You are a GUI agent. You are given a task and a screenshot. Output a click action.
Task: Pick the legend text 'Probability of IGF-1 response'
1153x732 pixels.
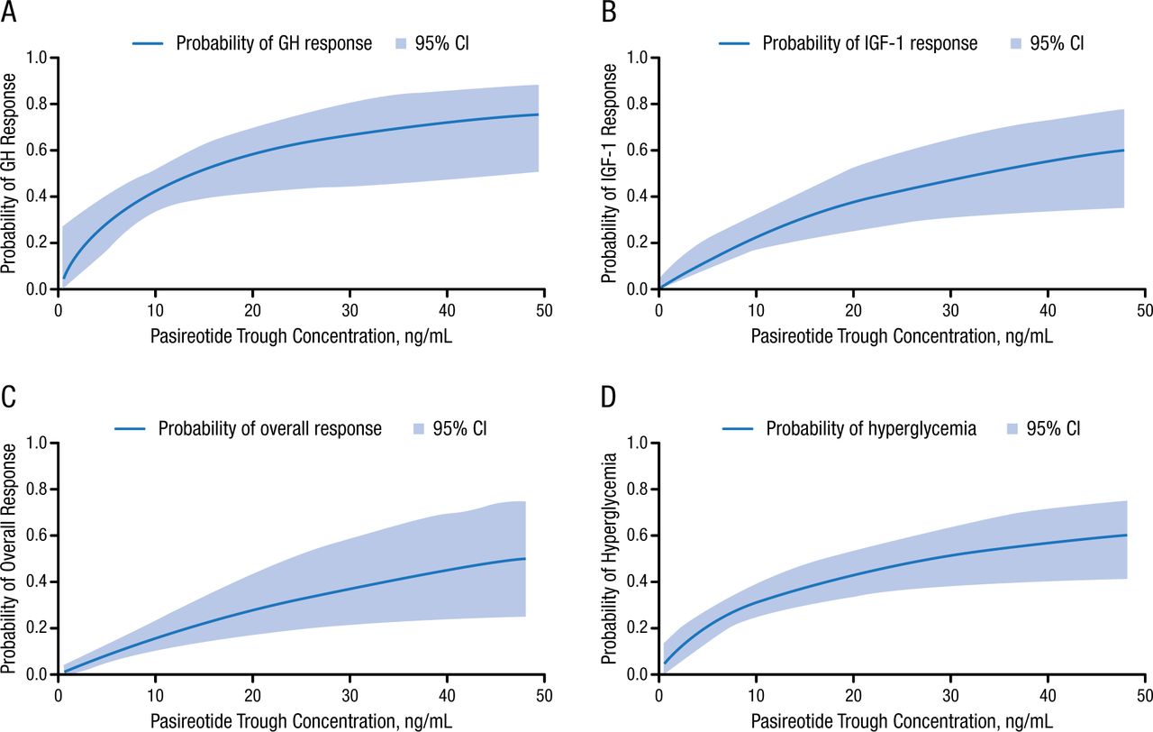point(870,42)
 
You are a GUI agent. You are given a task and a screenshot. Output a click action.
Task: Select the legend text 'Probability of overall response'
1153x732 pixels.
point(270,428)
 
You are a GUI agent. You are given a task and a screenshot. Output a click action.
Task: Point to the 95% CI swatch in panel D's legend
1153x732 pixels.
point(1005,428)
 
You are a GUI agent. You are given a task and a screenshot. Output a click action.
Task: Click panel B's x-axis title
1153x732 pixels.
point(901,336)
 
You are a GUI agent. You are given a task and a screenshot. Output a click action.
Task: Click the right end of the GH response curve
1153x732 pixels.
point(539,114)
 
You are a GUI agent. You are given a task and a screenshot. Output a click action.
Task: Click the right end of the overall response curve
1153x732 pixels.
point(525,559)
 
